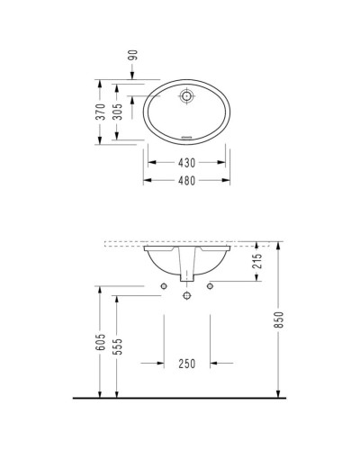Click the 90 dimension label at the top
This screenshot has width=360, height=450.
(132, 56)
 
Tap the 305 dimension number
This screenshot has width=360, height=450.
(118, 112)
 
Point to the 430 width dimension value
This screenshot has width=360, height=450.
(186, 163)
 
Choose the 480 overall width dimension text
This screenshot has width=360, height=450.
(186, 180)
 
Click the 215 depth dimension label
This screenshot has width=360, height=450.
(257, 263)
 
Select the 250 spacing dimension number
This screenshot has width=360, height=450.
(187, 364)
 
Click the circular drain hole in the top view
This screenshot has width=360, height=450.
(187, 95)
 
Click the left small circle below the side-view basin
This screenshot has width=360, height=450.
(164, 286)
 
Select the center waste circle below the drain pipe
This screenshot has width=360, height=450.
(187, 293)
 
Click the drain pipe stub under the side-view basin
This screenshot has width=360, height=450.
(187, 275)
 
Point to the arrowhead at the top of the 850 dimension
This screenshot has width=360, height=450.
(280, 247)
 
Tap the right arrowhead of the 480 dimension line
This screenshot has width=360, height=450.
(226, 180)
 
